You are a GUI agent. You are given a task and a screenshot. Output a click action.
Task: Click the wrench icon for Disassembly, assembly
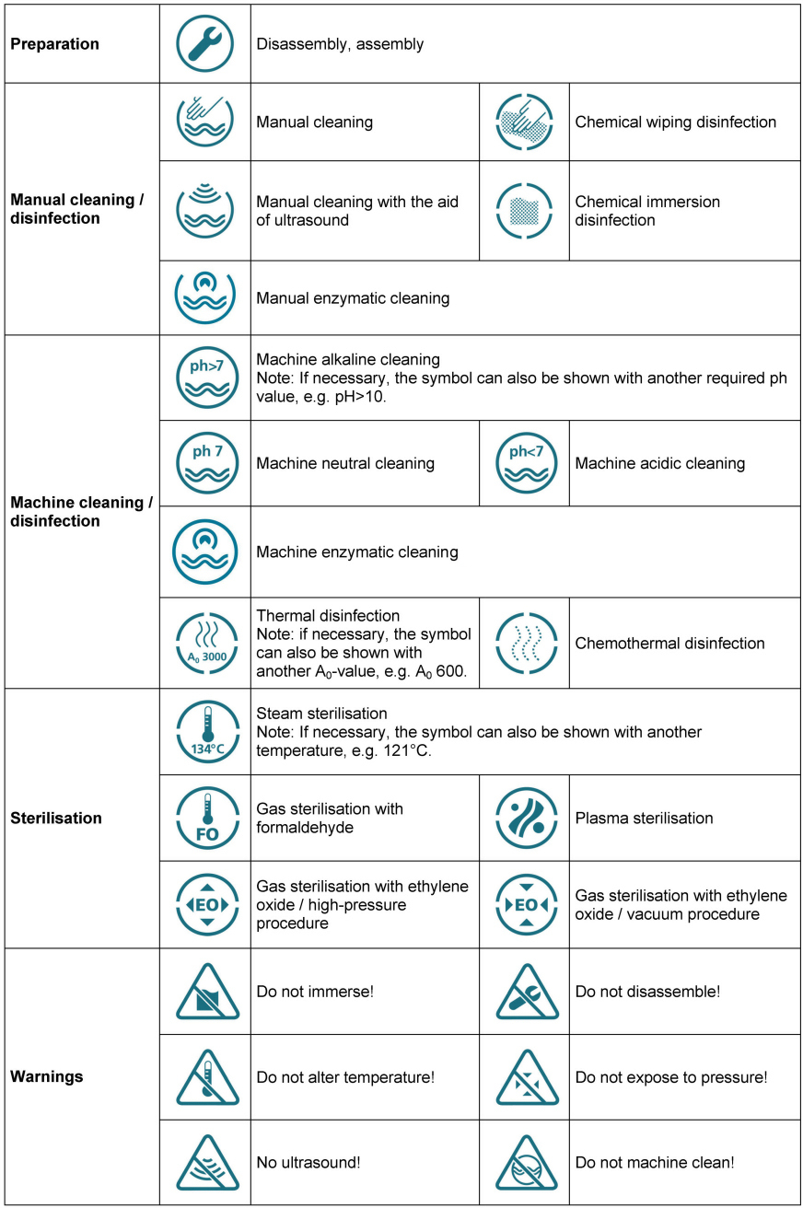pyautogui.click(x=205, y=43)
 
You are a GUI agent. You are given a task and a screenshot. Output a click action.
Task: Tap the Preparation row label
pyautogui.click(x=55, y=44)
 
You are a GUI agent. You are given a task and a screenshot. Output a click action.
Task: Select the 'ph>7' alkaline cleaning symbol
pyautogui.click(x=205, y=377)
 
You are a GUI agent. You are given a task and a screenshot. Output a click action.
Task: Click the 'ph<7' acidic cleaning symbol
pyautogui.click(x=525, y=463)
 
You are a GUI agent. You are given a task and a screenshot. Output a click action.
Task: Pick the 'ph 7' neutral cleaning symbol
pyautogui.click(x=205, y=463)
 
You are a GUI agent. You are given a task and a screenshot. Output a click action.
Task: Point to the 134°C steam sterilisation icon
pyautogui.click(x=205, y=731)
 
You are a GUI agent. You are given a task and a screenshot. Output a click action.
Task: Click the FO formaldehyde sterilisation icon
pyautogui.click(x=205, y=818)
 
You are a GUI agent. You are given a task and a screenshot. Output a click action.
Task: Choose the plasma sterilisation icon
pyautogui.click(x=525, y=818)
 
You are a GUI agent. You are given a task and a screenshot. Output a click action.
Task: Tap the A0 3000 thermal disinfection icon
pyautogui.click(x=205, y=643)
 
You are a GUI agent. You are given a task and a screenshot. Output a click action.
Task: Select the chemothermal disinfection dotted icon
pyautogui.click(x=525, y=643)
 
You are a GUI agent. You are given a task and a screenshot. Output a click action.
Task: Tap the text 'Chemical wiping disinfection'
pyautogui.click(x=675, y=122)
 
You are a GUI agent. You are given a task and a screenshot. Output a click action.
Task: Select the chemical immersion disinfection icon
pyautogui.click(x=525, y=211)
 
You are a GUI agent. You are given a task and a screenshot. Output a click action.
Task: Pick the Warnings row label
pyautogui.click(x=46, y=1075)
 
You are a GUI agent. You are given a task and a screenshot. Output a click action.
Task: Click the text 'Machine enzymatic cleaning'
pyautogui.click(x=356, y=552)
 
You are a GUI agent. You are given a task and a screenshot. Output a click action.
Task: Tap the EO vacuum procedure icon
pyautogui.click(x=525, y=904)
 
